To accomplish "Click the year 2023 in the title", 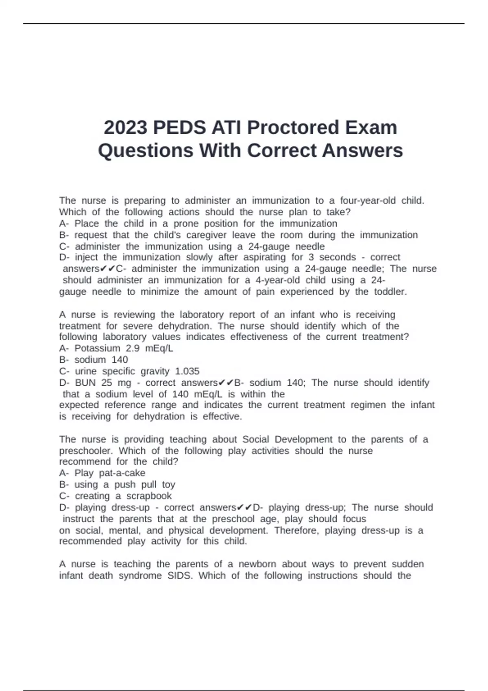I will pos(125,128).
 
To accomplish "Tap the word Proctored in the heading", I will pos(293,128).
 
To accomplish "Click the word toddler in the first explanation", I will pos(390,291).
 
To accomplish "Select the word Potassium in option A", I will pos(97,348).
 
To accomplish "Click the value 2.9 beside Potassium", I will pos(133,348).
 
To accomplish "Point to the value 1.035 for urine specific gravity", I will pos(187,371).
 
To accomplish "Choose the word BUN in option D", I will pos(85,382).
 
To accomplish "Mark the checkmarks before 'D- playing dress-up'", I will pos(244,507).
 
